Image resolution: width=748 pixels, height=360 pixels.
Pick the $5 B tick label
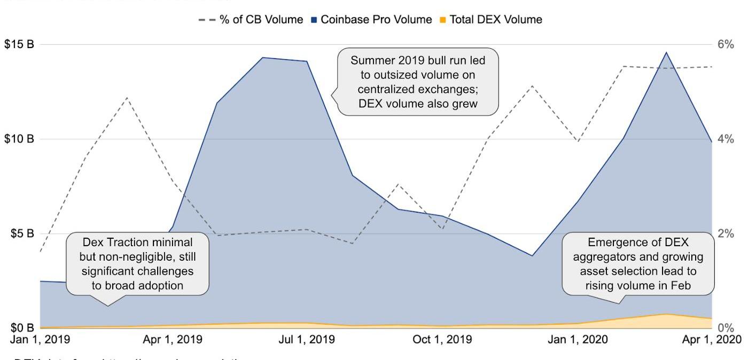tap(22, 233)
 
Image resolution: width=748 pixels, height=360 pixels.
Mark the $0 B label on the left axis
tap(22, 327)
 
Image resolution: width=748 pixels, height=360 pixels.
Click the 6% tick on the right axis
tap(726, 44)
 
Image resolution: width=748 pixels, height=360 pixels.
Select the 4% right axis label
tap(726, 139)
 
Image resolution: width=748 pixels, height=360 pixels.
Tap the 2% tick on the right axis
tap(726, 233)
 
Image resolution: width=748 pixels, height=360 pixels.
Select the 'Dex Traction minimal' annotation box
tap(137, 263)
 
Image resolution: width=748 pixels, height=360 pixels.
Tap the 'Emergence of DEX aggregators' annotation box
tap(638, 263)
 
